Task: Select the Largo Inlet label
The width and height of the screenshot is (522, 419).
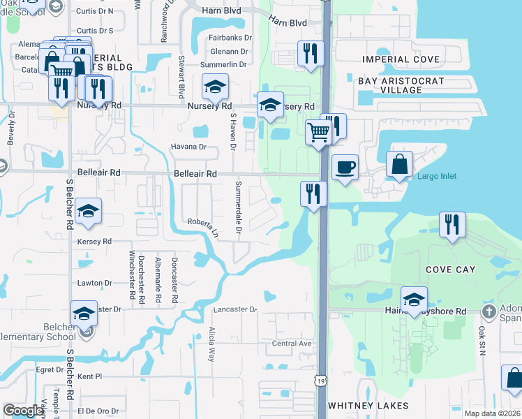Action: [x=437, y=176]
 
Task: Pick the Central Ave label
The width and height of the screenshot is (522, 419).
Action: [x=291, y=344]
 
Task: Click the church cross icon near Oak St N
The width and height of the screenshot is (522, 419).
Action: [x=489, y=310]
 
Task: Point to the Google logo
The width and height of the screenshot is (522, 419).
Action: [x=23, y=411]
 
